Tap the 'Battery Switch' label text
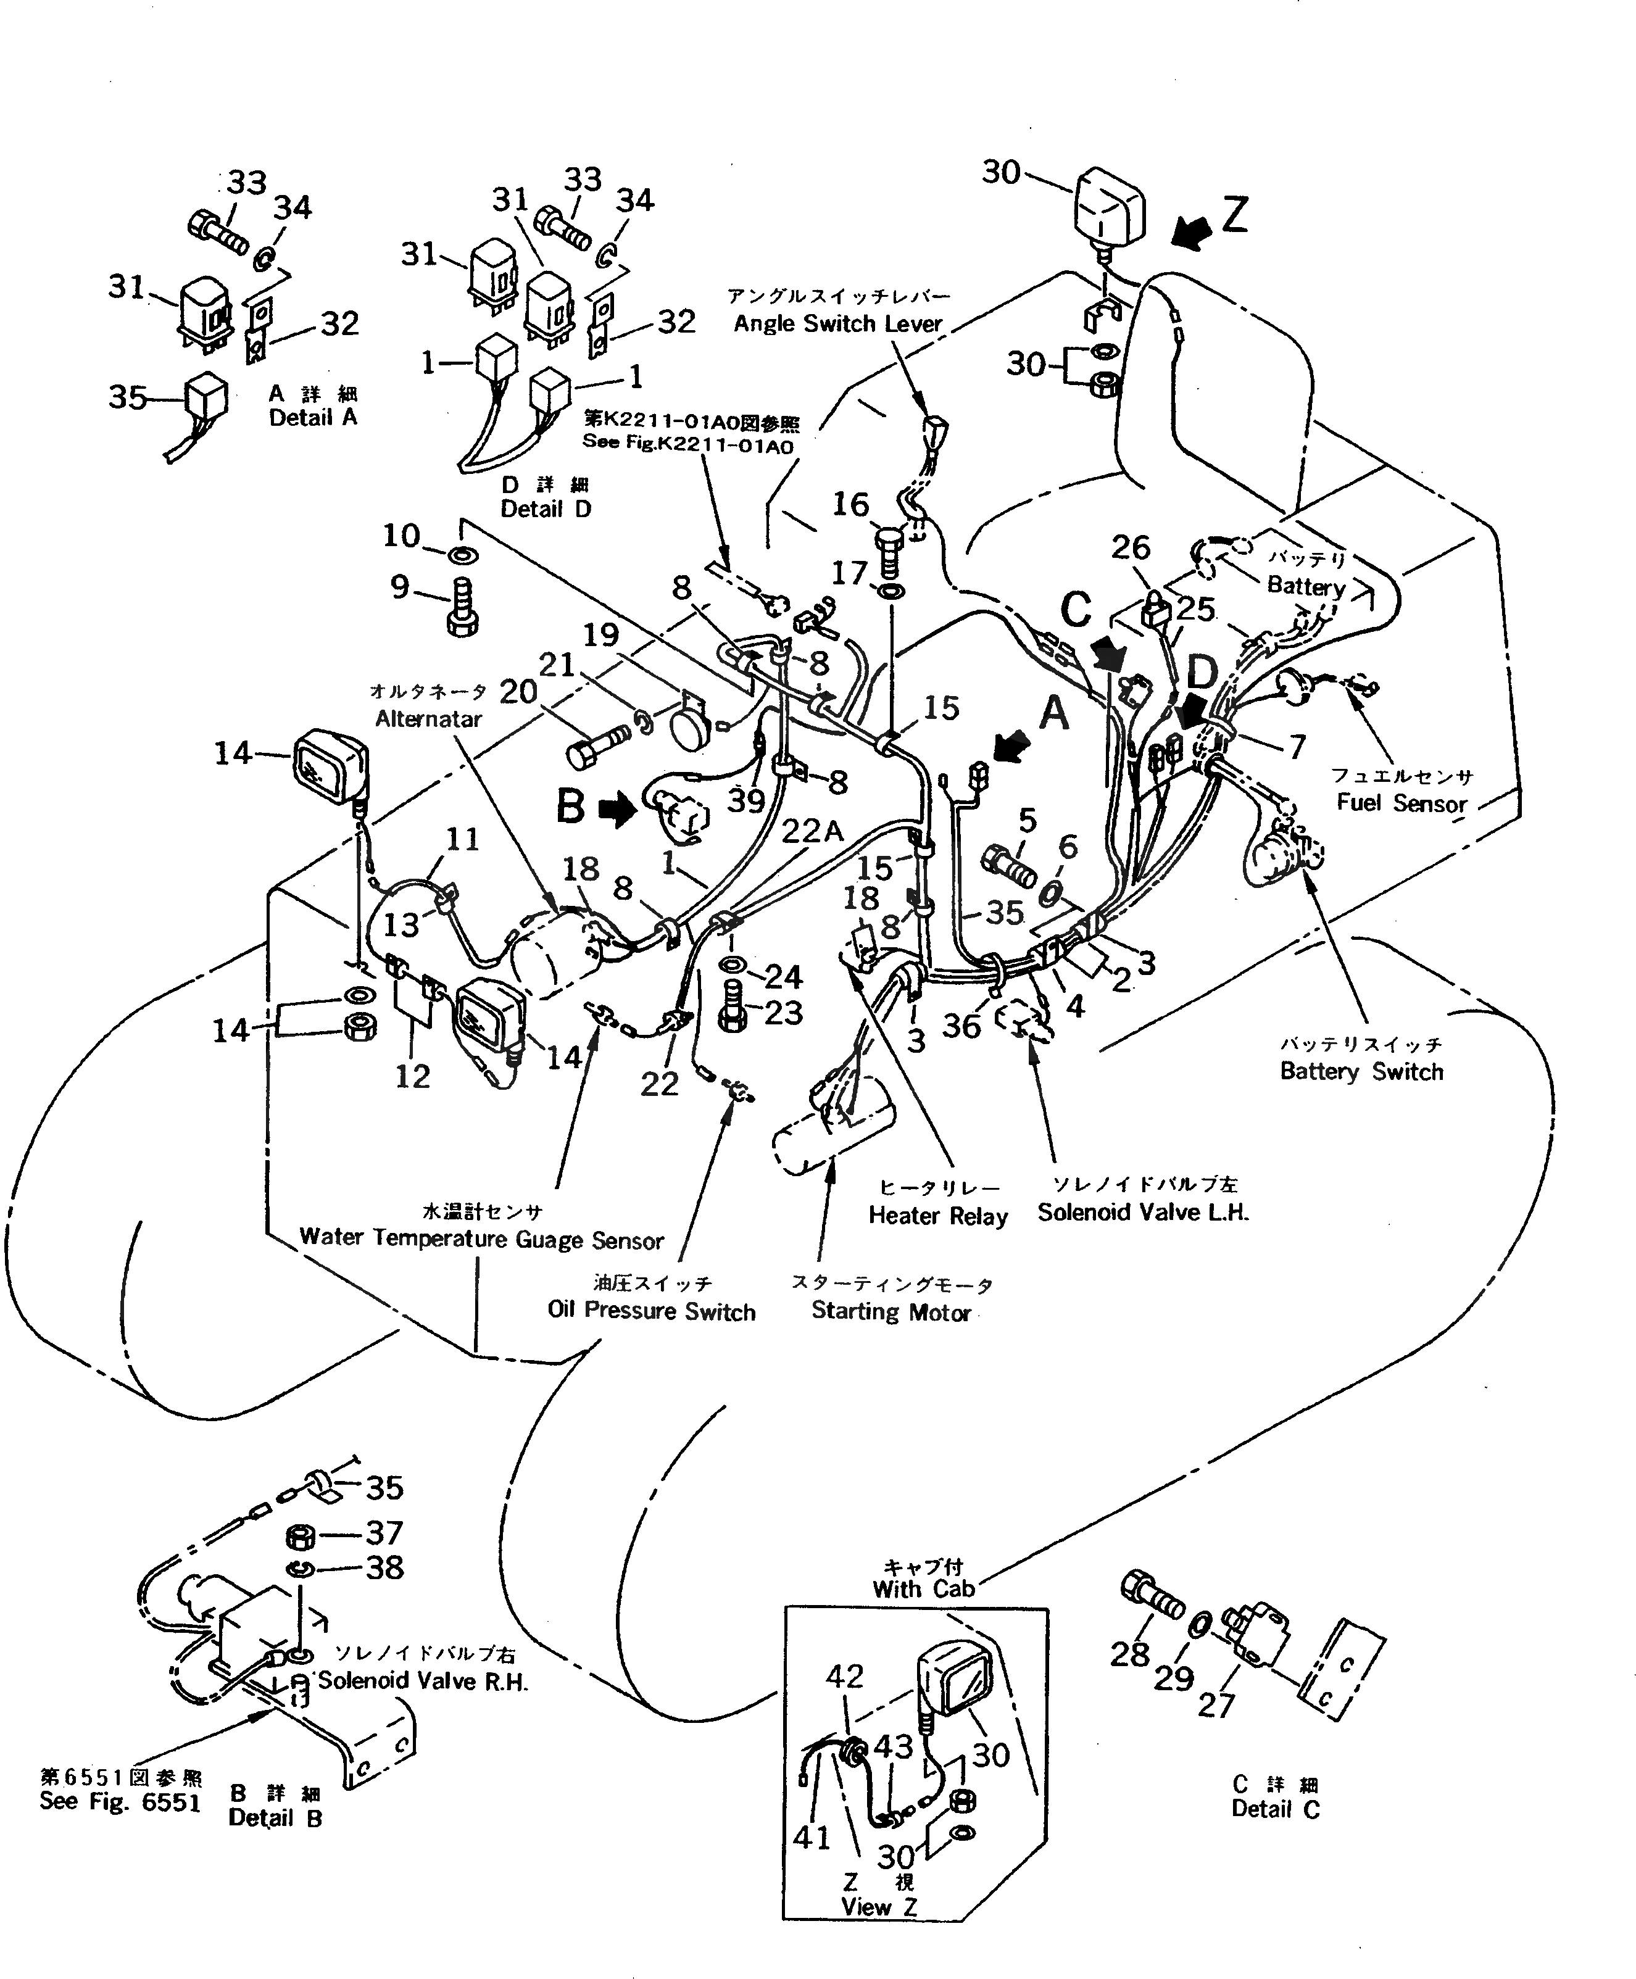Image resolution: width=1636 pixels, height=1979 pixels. tap(1361, 1071)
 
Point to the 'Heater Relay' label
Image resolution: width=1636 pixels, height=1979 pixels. tap(937, 1216)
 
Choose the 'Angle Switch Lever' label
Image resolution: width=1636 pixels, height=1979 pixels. tap(838, 323)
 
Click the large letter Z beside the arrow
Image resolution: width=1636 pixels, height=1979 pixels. tap(1234, 215)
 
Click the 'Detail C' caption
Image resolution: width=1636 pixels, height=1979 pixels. tap(1275, 1809)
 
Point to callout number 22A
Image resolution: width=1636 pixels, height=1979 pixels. tap(812, 830)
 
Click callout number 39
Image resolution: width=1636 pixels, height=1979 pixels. tap(745, 800)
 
